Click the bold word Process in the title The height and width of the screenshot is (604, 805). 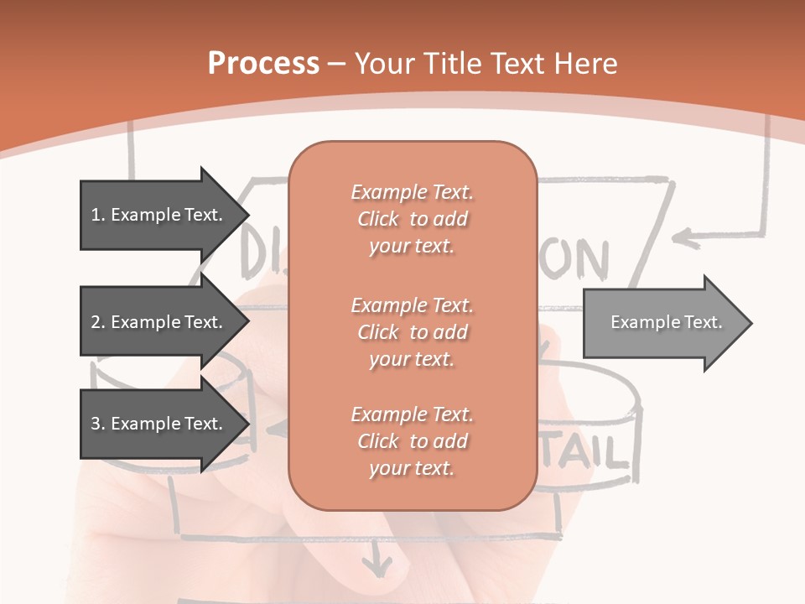(x=263, y=64)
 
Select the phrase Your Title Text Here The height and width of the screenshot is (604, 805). (x=486, y=64)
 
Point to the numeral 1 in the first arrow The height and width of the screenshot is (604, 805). (x=95, y=215)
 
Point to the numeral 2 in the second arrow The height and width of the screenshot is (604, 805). (x=96, y=322)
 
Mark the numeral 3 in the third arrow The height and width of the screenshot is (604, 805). (x=96, y=424)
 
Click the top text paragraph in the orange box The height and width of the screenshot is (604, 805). (x=412, y=219)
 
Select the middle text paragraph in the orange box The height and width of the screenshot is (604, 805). (x=412, y=331)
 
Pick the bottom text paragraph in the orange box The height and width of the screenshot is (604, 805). (x=412, y=441)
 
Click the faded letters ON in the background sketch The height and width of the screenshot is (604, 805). (x=579, y=260)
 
